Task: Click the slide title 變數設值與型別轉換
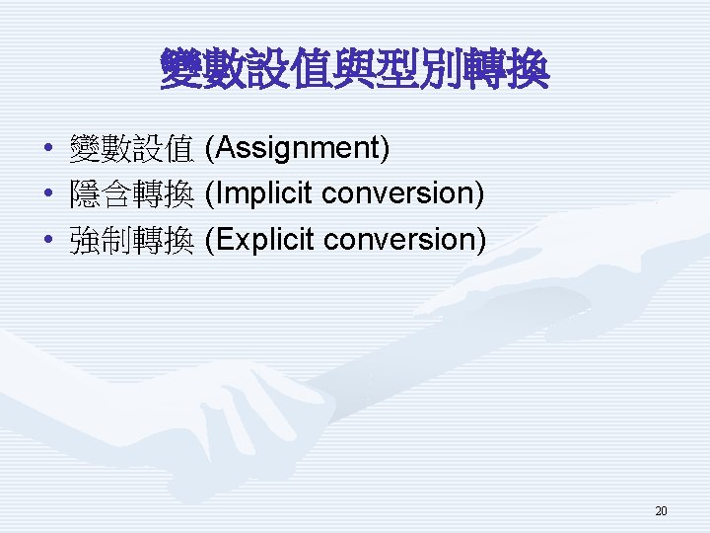coord(354,71)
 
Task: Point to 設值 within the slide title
coord(289,71)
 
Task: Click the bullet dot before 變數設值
coord(48,150)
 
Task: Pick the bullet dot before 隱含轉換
coord(48,195)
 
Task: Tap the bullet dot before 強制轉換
coord(48,241)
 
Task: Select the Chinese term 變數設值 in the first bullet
coord(130,150)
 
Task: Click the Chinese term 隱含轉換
coord(130,195)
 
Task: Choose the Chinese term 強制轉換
coord(130,241)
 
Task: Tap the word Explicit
coord(265,240)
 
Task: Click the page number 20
coord(661,511)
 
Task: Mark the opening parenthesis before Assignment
coord(208,149)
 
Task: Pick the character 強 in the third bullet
coord(84,241)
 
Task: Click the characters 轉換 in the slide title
coord(506,71)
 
